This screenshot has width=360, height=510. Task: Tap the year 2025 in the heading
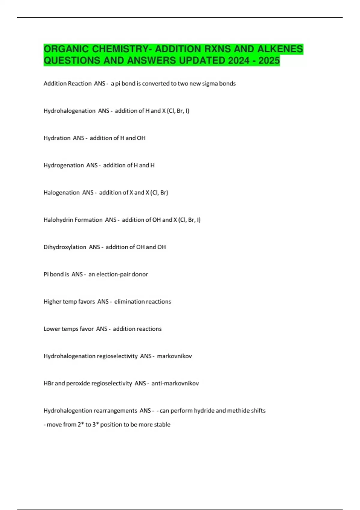coord(269,61)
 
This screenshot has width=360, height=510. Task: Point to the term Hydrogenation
coord(64,165)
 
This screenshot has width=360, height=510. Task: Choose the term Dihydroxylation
coord(65,247)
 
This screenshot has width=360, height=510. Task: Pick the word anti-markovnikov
coord(175,383)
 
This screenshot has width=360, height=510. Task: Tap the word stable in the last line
coord(162,424)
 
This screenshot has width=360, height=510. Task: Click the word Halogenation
coord(61,193)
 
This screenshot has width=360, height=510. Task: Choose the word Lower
coord(52,329)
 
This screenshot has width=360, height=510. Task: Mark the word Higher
coord(52,301)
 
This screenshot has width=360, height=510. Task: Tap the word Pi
coord(46,274)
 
